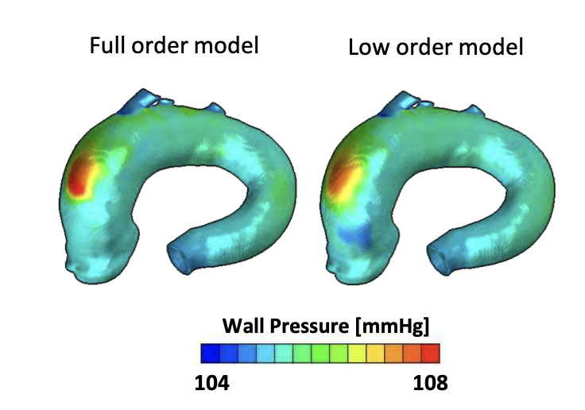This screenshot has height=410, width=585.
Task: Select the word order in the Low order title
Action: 420,47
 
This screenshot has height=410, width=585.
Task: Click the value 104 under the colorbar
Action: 212,382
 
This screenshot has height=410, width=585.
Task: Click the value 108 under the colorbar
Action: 430,382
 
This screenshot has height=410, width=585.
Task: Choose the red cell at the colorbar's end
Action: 430,352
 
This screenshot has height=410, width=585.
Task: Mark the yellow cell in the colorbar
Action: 357,352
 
